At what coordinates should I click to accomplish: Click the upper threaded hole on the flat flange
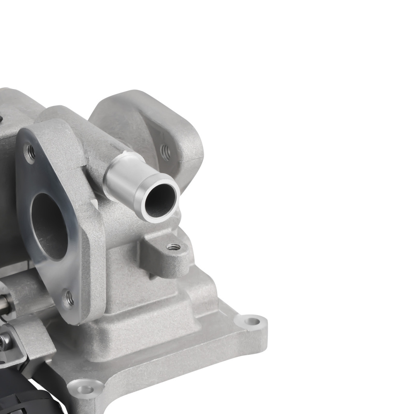click(30, 152)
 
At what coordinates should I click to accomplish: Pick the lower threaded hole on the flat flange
click(69, 299)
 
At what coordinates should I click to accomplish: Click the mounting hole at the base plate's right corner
click(250, 320)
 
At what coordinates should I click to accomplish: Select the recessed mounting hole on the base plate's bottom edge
click(86, 389)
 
